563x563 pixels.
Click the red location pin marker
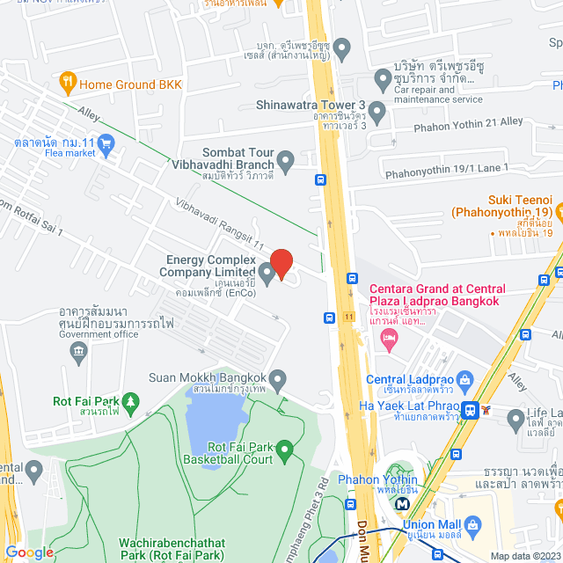point(281,264)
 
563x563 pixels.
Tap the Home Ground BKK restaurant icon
point(68,84)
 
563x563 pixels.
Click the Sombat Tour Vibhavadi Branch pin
point(286,161)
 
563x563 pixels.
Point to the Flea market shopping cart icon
point(106,143)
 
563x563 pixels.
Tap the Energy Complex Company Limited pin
point(267,268)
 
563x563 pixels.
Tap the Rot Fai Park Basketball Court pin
point(284,452)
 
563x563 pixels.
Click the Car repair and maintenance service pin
point(383,81)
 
